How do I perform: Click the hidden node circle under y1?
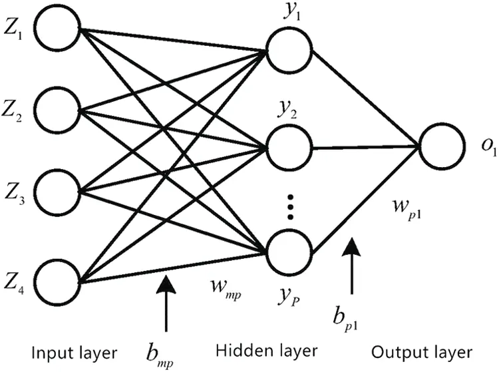289,50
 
